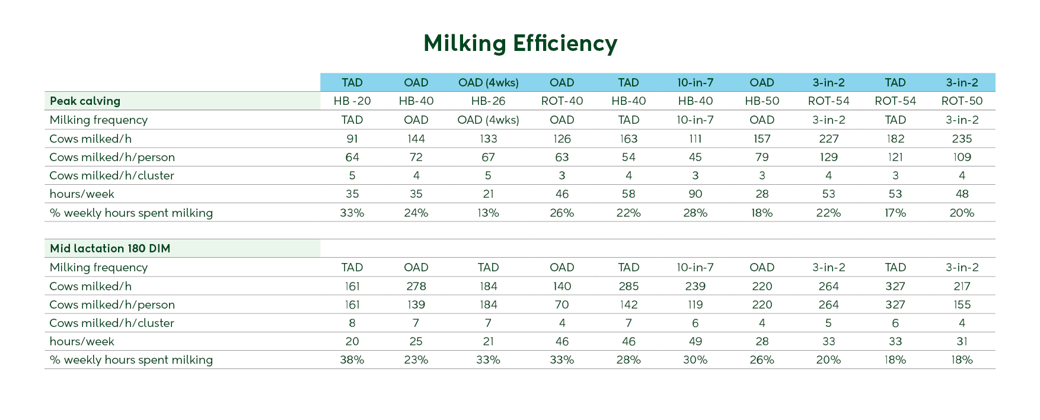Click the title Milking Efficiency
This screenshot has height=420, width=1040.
pos(520,43)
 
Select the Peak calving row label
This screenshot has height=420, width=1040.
pos(85,101)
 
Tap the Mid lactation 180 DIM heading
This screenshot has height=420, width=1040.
pos(110,248)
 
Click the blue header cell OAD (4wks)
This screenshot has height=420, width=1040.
pos(488,82)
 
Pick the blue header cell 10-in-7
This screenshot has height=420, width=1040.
pos(695,82)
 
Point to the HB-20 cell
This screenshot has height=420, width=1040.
pos(352,101)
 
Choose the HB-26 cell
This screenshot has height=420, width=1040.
pos(488,101)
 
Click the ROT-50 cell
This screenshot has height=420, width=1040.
pos(962,101)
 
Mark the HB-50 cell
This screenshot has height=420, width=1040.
pos(762,101)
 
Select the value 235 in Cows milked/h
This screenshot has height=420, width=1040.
pos(962,139)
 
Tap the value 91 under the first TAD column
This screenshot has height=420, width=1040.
pos(352,139)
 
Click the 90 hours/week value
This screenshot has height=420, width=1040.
pos(695,194)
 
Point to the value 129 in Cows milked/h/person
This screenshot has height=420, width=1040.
pos(828,157)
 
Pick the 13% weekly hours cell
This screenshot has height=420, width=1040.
pos(488,213)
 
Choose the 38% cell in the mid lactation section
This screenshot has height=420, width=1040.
pos(352,360)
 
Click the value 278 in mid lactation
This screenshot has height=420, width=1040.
pos(416,286)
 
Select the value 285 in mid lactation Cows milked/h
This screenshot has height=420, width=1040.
pos(629,286)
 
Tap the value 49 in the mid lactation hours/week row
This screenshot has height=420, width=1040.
pos(695,341)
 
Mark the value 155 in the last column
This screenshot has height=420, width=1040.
pos(962,304)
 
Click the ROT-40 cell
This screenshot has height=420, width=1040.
pos(562,101)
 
